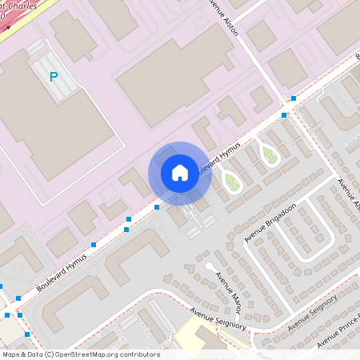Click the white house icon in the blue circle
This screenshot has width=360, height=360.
pyautogui.click(x=180, y=173)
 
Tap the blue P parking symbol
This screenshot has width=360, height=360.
pyautogui.click(x=54, y=77)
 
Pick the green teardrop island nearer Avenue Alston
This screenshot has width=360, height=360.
pyautogui.click(x=270, y=155)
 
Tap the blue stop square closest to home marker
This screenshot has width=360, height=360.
pyautogui.click(x=157, y=206)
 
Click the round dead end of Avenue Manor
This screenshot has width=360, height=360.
pyautogui.click(x=209, y=266)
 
